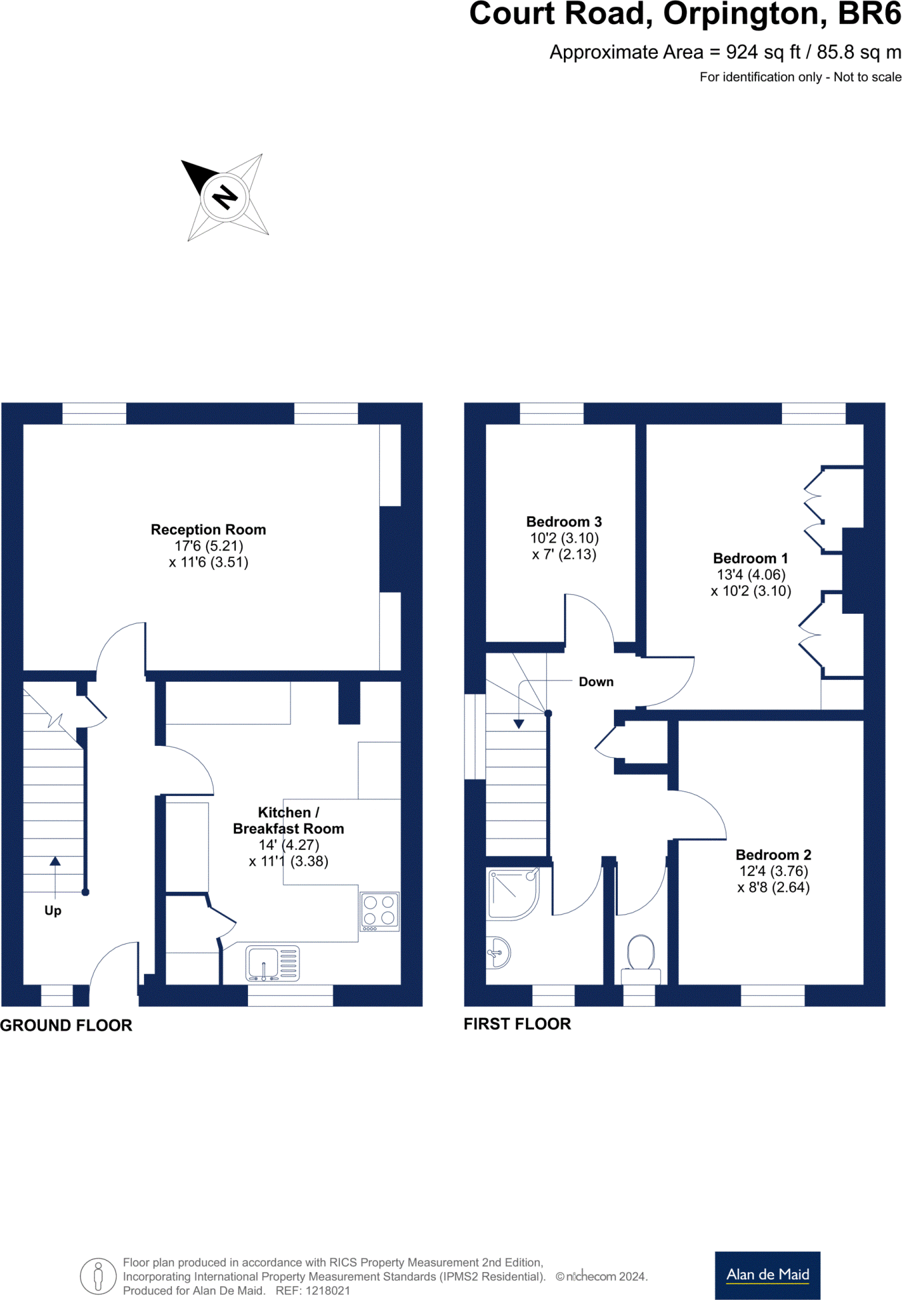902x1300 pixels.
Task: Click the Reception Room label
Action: point(208,529)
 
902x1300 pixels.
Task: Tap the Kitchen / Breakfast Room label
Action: point(289,820)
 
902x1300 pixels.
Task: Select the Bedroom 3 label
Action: point(564,522)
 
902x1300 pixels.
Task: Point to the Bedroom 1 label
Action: point(750,559)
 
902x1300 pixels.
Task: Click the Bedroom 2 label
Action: point(773,855)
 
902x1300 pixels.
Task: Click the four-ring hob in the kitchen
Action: point(379,911)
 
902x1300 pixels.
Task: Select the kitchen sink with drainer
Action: point(273,964)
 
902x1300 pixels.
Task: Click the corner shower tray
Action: point(513,894)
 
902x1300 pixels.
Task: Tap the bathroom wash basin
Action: point(499,952)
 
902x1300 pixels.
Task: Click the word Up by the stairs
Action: point(53,910)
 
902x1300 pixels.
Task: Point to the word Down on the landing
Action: point(596,682)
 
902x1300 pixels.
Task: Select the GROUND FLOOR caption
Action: point(66,1025)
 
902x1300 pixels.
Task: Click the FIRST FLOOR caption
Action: point(517,1024)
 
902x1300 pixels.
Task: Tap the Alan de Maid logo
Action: point(767,1275)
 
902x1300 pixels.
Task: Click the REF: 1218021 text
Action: point(313,1290)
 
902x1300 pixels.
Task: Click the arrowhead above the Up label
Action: point(55,861)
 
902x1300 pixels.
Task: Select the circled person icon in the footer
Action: point(98,1276)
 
